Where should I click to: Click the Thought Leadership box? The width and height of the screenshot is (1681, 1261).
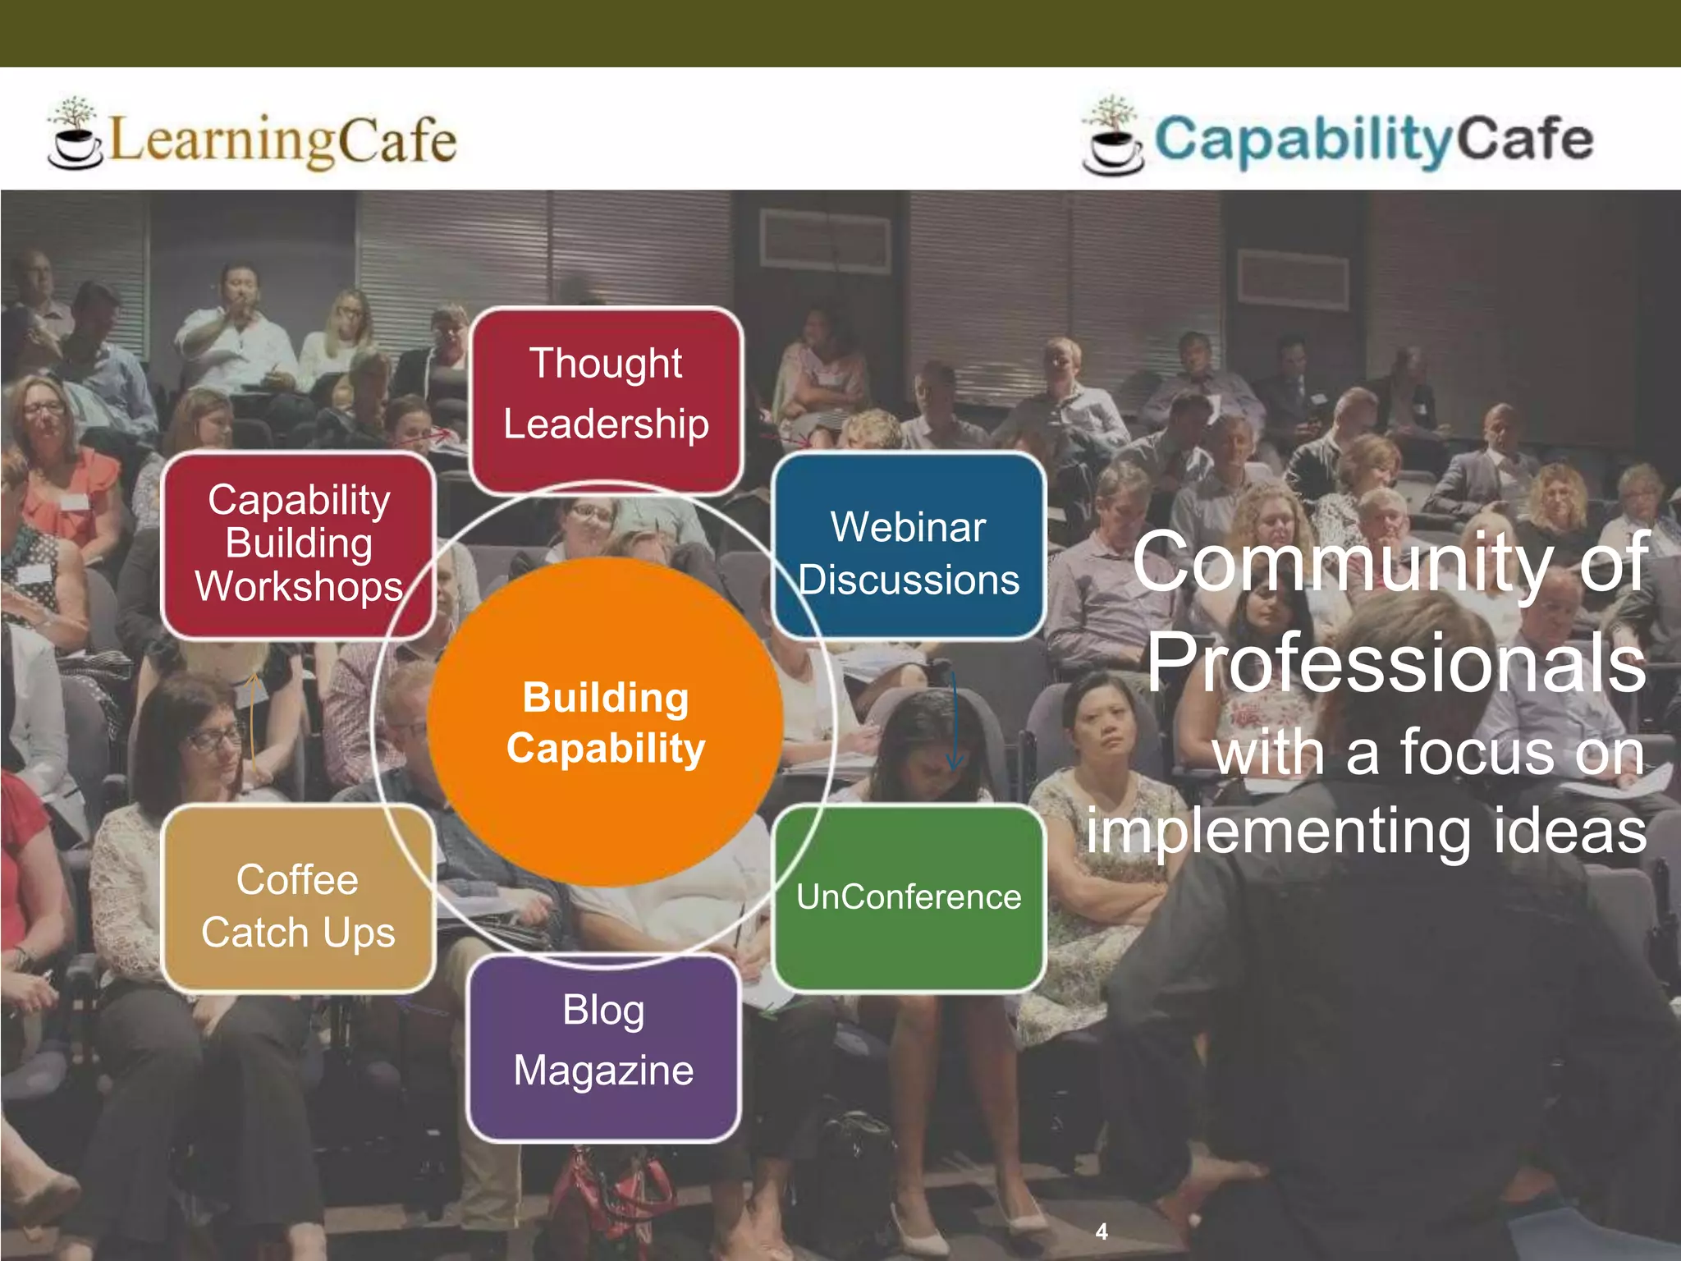[606, 400]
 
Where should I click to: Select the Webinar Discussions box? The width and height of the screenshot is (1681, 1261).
[909, 546]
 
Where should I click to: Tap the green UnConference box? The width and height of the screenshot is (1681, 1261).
[909, 897]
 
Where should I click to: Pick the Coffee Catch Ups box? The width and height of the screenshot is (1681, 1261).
[298, 899]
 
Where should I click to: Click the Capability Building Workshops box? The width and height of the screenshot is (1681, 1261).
[298, 544]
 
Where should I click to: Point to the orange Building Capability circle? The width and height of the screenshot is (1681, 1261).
[605, 722]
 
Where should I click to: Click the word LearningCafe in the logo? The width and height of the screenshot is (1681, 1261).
[282, 140]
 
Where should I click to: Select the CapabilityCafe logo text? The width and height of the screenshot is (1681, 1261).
[1373, 140]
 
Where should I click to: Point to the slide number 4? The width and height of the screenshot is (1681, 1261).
[1102, 1231]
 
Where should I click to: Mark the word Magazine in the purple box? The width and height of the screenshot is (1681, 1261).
[603, 1071]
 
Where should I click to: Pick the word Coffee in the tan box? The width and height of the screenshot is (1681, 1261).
[297, 879]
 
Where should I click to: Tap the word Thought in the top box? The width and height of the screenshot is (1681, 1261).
[606, 364]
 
